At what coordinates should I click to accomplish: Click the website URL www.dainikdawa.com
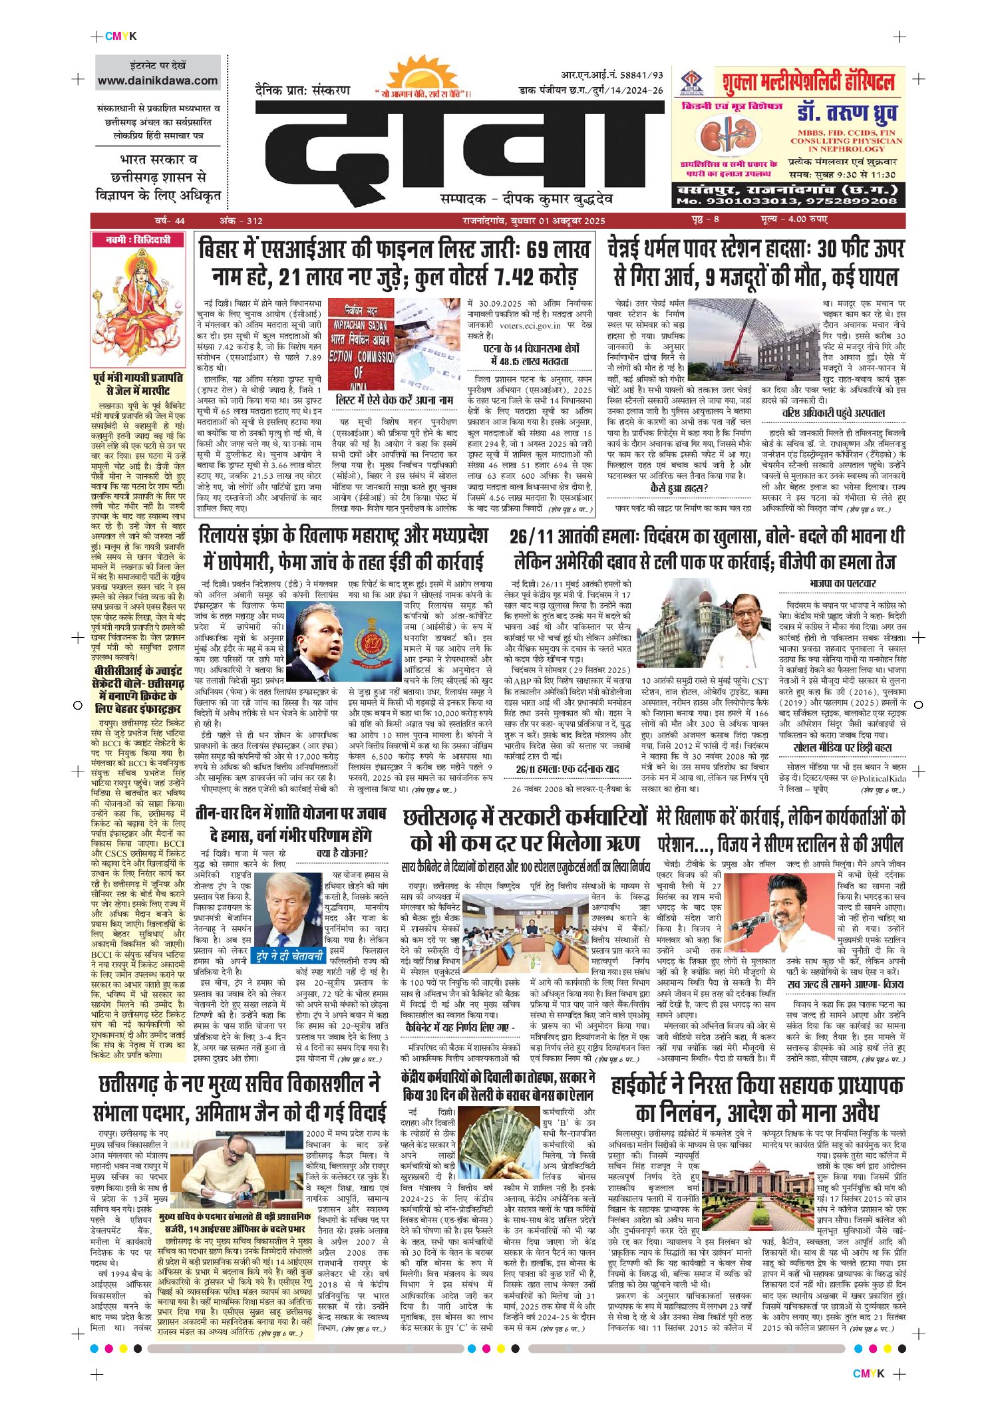(158, 81)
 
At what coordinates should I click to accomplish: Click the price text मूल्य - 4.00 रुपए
(794, 220)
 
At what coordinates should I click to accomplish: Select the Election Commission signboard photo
(394, 347)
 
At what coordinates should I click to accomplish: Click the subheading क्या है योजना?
(342, 853)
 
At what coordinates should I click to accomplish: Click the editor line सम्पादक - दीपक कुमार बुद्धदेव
(526, 198)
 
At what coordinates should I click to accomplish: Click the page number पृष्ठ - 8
(704, 220)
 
